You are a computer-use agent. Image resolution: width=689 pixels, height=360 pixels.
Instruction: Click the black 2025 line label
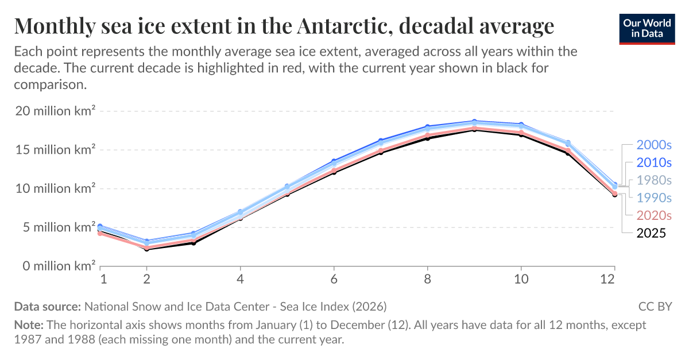651,233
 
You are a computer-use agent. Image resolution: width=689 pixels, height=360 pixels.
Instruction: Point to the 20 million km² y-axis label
55,111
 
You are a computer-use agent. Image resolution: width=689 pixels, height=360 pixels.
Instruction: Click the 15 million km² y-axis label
55,150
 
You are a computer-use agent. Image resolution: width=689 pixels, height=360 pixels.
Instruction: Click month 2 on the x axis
146,279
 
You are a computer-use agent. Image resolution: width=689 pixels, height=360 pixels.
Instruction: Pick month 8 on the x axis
427,279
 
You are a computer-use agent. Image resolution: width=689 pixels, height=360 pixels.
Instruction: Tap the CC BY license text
655,306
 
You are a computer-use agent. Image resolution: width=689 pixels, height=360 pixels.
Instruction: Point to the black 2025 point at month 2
146,249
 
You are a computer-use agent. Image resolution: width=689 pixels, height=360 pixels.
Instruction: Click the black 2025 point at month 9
474,130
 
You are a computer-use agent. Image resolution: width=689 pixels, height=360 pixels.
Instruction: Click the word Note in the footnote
26,325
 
